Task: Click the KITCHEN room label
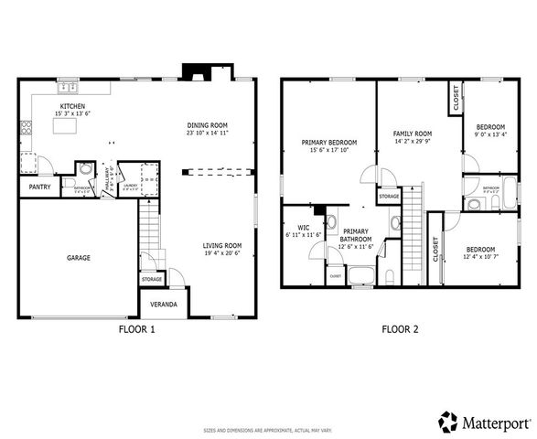pyautogui.click(x=72, y=107)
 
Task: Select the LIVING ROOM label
pyautogui.click(x=221, y=245)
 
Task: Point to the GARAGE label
pyautogui.click(x=78, y=258)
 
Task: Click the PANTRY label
pyautogui.click(x=39, y=187)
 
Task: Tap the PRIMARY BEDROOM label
pyautogui.click(x=329, y=143)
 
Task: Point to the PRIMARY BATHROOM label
pyautogui.click(x=356, y=236)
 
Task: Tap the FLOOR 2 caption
pyautogui.click(x=399, y=329)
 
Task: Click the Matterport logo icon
pyautogui.click(x=448, y=422)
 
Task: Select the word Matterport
pyautogui.click(x=493, y=423)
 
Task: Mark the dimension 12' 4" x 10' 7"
pyautogui.click(x=480, y=257)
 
